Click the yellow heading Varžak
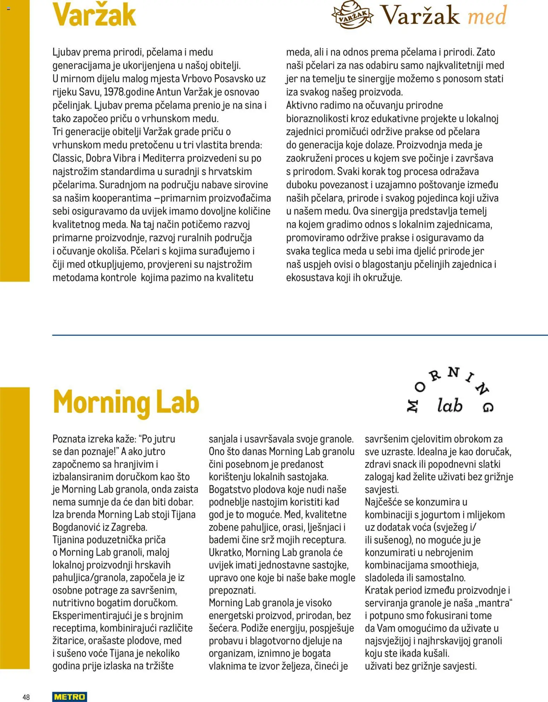(x=94, y=15)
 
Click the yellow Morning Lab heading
(x=126, y=402)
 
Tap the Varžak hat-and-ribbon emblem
(x=352, y=15)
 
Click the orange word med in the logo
(x=487, y=16)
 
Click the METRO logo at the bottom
(x=69, y=696)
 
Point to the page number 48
(x=26, y=697)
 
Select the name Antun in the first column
(x=169, y=92)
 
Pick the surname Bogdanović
(x=76, y=527)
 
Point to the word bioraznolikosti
(x=317, y=118)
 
